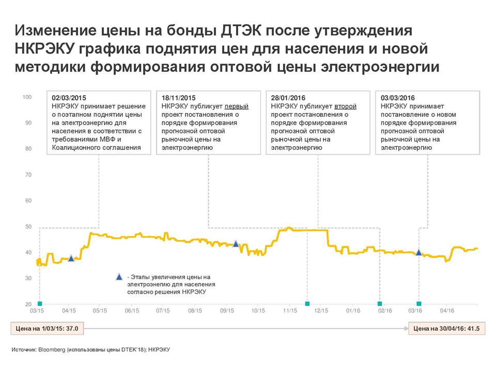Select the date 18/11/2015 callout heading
click(179, 98)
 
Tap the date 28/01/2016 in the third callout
click(288, 98)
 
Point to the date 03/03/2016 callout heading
click(398, 98)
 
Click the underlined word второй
click(346, 106)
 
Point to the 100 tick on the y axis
click(28, 97)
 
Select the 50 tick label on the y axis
click(29, 227)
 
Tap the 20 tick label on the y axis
click(29, 304)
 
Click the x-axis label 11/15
click(290, 311)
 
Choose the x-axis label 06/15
click(132, 311)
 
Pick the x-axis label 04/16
click(447, 311)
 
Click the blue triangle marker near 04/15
click(71, 258)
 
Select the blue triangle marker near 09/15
click(236, 243)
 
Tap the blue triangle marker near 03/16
click(419, 253)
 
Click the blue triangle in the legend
click(119, 277)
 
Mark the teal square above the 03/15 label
click(40, 304)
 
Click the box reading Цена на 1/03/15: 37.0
click(48, 328)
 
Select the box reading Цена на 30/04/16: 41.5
click(446, 328)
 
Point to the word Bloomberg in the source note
click(51, 350)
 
